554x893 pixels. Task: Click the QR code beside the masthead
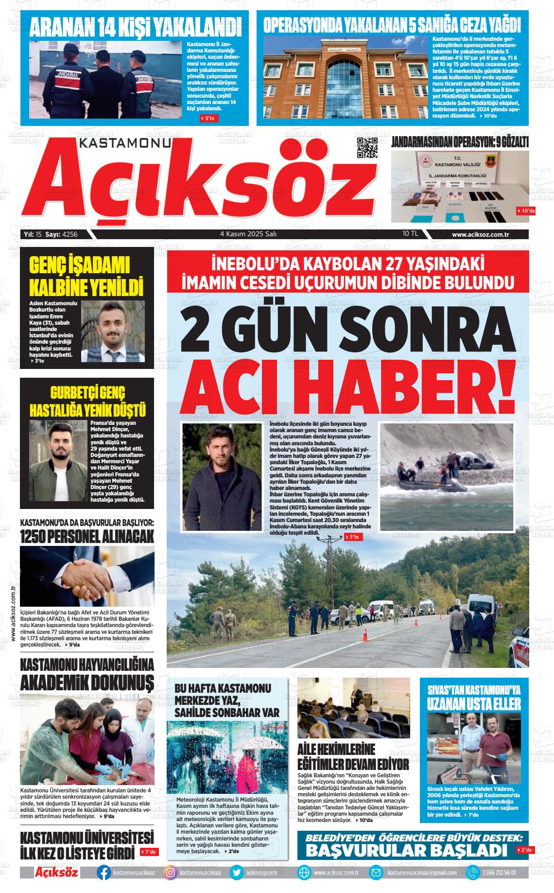367,148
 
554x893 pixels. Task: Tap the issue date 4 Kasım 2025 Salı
248,234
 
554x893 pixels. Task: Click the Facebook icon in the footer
104,872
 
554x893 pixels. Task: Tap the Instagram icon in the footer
171,872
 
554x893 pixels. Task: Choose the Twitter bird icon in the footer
237,872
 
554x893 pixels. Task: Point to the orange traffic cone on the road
365,634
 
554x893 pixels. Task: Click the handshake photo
87,576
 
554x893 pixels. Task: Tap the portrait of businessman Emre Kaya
113,331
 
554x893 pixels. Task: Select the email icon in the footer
376,872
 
